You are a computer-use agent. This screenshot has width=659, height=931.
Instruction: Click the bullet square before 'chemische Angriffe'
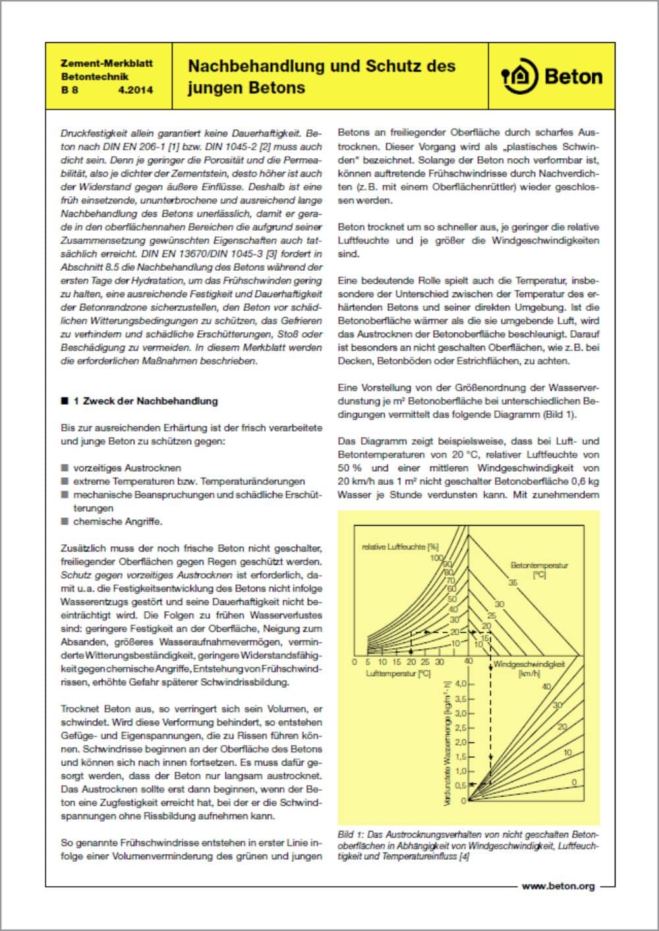[65, 521]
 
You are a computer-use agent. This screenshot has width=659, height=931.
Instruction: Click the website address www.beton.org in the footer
[558, 886]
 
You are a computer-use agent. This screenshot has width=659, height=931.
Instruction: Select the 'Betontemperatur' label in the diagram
[539, 565]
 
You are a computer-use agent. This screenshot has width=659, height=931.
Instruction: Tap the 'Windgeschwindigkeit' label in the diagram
[529, 664]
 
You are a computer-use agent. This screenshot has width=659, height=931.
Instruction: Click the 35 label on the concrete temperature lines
[513, 582]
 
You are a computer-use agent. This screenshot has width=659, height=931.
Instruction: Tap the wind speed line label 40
[546, 687]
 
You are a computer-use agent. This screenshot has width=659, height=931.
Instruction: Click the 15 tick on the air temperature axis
[396, 662]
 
